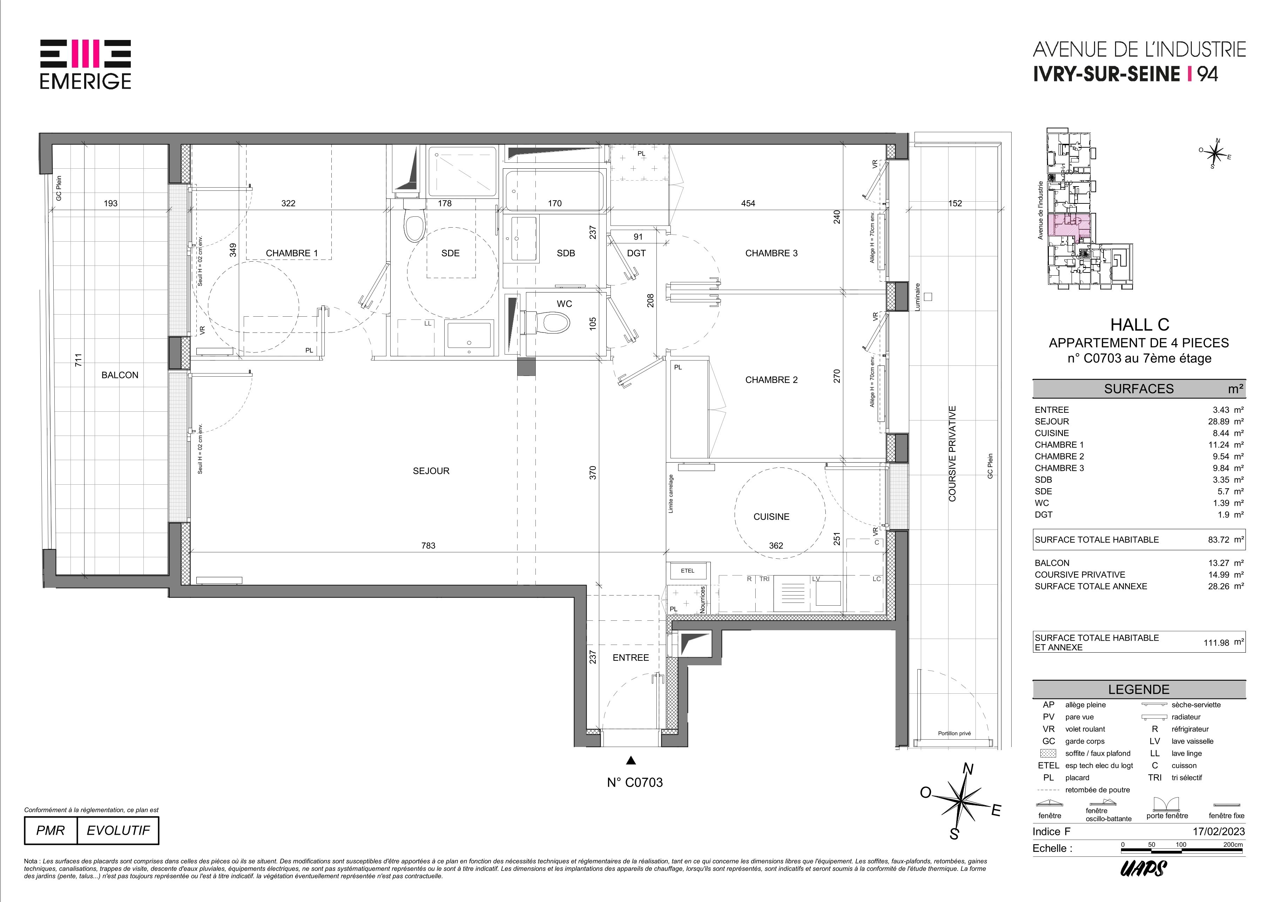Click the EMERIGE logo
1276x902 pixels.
[x=86, y=65]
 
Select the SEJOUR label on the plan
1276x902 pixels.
[x=431, y=471]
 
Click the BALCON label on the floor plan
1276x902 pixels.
[x=120, y=375]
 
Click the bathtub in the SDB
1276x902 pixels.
[x=554, y=191]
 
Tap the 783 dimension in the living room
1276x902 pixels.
[x=428, y=546]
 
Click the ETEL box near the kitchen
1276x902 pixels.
[x=688, y=571]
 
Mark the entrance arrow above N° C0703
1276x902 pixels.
[x=631, y=760]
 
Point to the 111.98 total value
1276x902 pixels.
[x=1216, y=642]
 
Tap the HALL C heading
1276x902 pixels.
[x=1139, y=324]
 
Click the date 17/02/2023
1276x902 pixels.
[x=1219, y=832]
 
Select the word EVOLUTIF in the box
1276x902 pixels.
[x=119, y=830]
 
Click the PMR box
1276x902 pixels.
[x=50, y=830]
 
